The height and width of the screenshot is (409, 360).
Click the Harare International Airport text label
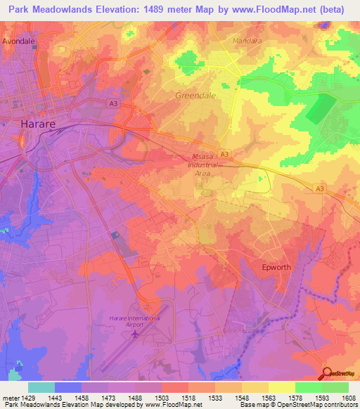pyautogui.click(x=134, y=321)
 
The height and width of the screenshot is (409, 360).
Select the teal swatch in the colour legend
pyautogui.click(x=41, y=387)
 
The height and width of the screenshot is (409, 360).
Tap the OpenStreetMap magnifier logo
pyautogui.click(x=328, y=373)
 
